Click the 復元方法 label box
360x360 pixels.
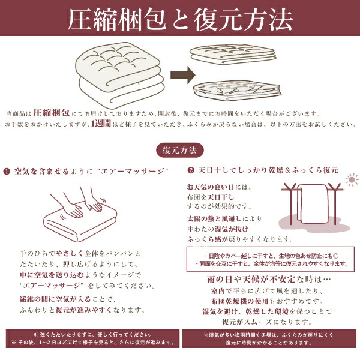179,149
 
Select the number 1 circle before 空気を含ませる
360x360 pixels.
7,171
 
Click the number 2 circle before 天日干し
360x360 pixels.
191,170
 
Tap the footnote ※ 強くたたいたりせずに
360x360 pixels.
90,334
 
